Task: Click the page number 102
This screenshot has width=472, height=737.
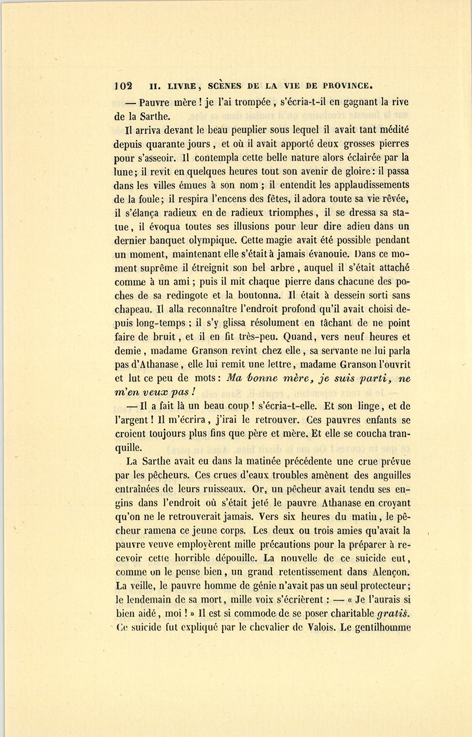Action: click(124, 86)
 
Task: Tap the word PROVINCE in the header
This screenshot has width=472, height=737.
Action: click(347, 86)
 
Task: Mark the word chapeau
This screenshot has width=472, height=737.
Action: click(132, 309)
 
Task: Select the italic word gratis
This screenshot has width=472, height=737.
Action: click(393, 613)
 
